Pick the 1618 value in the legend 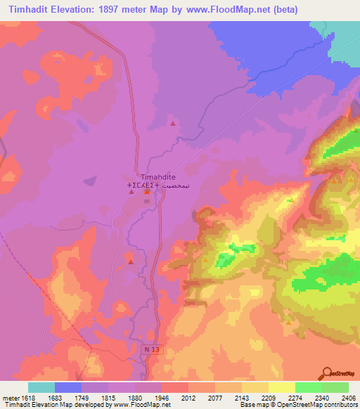point(28,397)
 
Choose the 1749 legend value point(82,397)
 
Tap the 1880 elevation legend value point(135,397)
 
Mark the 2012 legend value point(188,397)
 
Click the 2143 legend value point(242,397)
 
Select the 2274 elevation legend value point(295,397)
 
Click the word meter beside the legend point(10,397)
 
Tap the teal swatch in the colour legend point(41,387)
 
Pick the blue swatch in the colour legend point(68,387)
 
